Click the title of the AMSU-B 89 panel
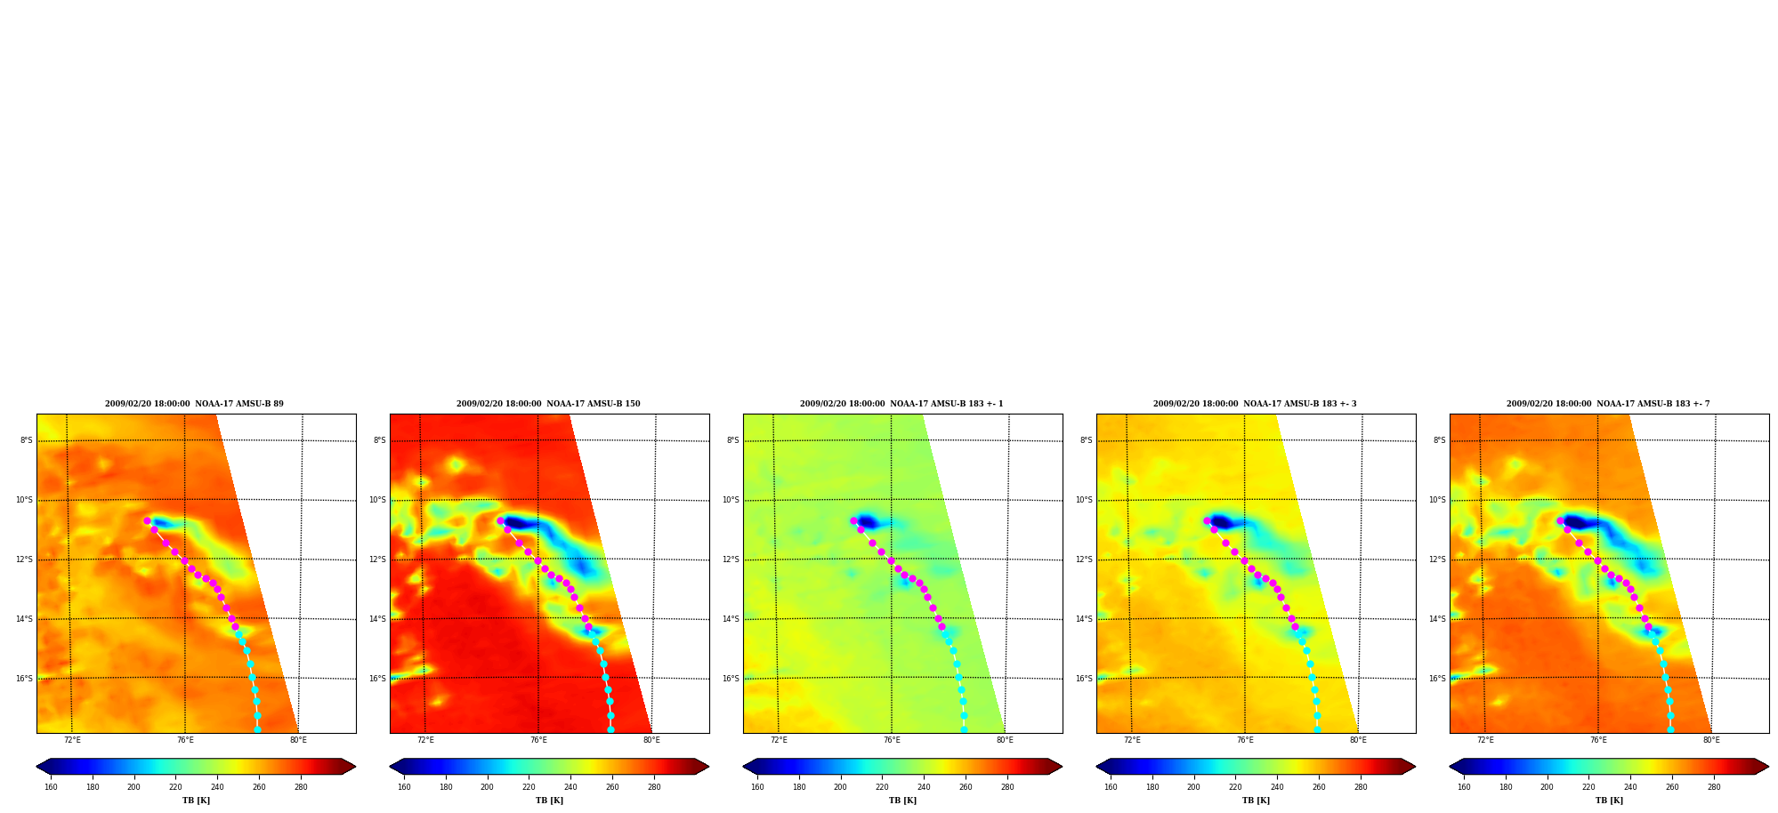coord(194,404)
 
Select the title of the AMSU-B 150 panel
coord(548,404)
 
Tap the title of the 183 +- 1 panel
coord(901,404)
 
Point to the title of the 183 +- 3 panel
coord(1255,404)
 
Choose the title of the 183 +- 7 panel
coord(1608,404)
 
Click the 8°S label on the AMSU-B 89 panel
coord(27,440)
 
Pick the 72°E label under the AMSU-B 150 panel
coord(425,740)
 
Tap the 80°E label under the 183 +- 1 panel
coord(1005,740)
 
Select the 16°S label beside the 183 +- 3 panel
coord(1084,679)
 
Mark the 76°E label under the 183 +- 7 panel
coord(1598,740)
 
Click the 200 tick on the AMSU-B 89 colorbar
coord(133,787)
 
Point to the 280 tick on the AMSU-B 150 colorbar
coord(654,787)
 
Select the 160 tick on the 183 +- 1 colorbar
coord(757,787)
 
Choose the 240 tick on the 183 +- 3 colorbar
coord(1277,787)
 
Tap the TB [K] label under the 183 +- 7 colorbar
coord(1609,801)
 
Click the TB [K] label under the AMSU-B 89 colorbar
coord(196,801)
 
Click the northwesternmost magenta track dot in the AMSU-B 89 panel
coord(147,521)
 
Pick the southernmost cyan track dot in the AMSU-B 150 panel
coord(610,729)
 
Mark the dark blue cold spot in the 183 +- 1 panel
coord(867,522)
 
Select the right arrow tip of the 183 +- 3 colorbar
coord(1415,767)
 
